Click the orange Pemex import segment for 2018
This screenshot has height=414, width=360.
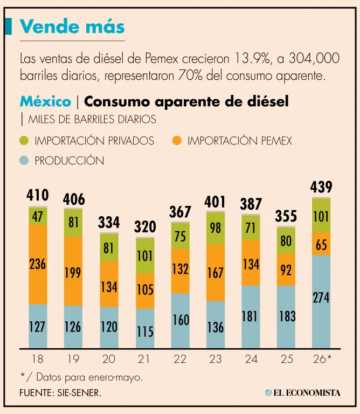tap(38, 264)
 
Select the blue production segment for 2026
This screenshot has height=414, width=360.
tap(321, 301)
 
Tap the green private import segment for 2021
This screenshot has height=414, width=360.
tap(145, 256)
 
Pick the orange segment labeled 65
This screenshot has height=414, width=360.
tap(321, 244)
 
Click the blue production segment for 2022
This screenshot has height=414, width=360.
tap(180, 321)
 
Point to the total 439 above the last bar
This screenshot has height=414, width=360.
tap(321, 187)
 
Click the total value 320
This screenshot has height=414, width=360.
tap(145, 227)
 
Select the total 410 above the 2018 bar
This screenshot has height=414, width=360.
tap(38, 195)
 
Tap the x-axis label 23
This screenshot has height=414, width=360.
tap(216, 359)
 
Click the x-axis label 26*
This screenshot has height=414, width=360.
tap(322, 359)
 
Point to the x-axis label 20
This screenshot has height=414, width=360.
tap(109, 359)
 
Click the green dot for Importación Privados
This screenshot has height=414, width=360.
tap(24, 141)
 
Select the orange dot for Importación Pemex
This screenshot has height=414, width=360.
tap(177, 141)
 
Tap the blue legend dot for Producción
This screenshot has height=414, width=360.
tap(24, 161)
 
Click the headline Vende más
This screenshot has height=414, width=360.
tap(72, 26)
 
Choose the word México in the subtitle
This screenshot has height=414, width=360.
tap(45, 101)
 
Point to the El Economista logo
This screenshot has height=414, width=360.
tap(303, 392)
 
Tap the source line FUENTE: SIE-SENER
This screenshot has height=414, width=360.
tap(60, 393)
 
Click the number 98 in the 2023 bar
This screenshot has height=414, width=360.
tap(216, 228)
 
